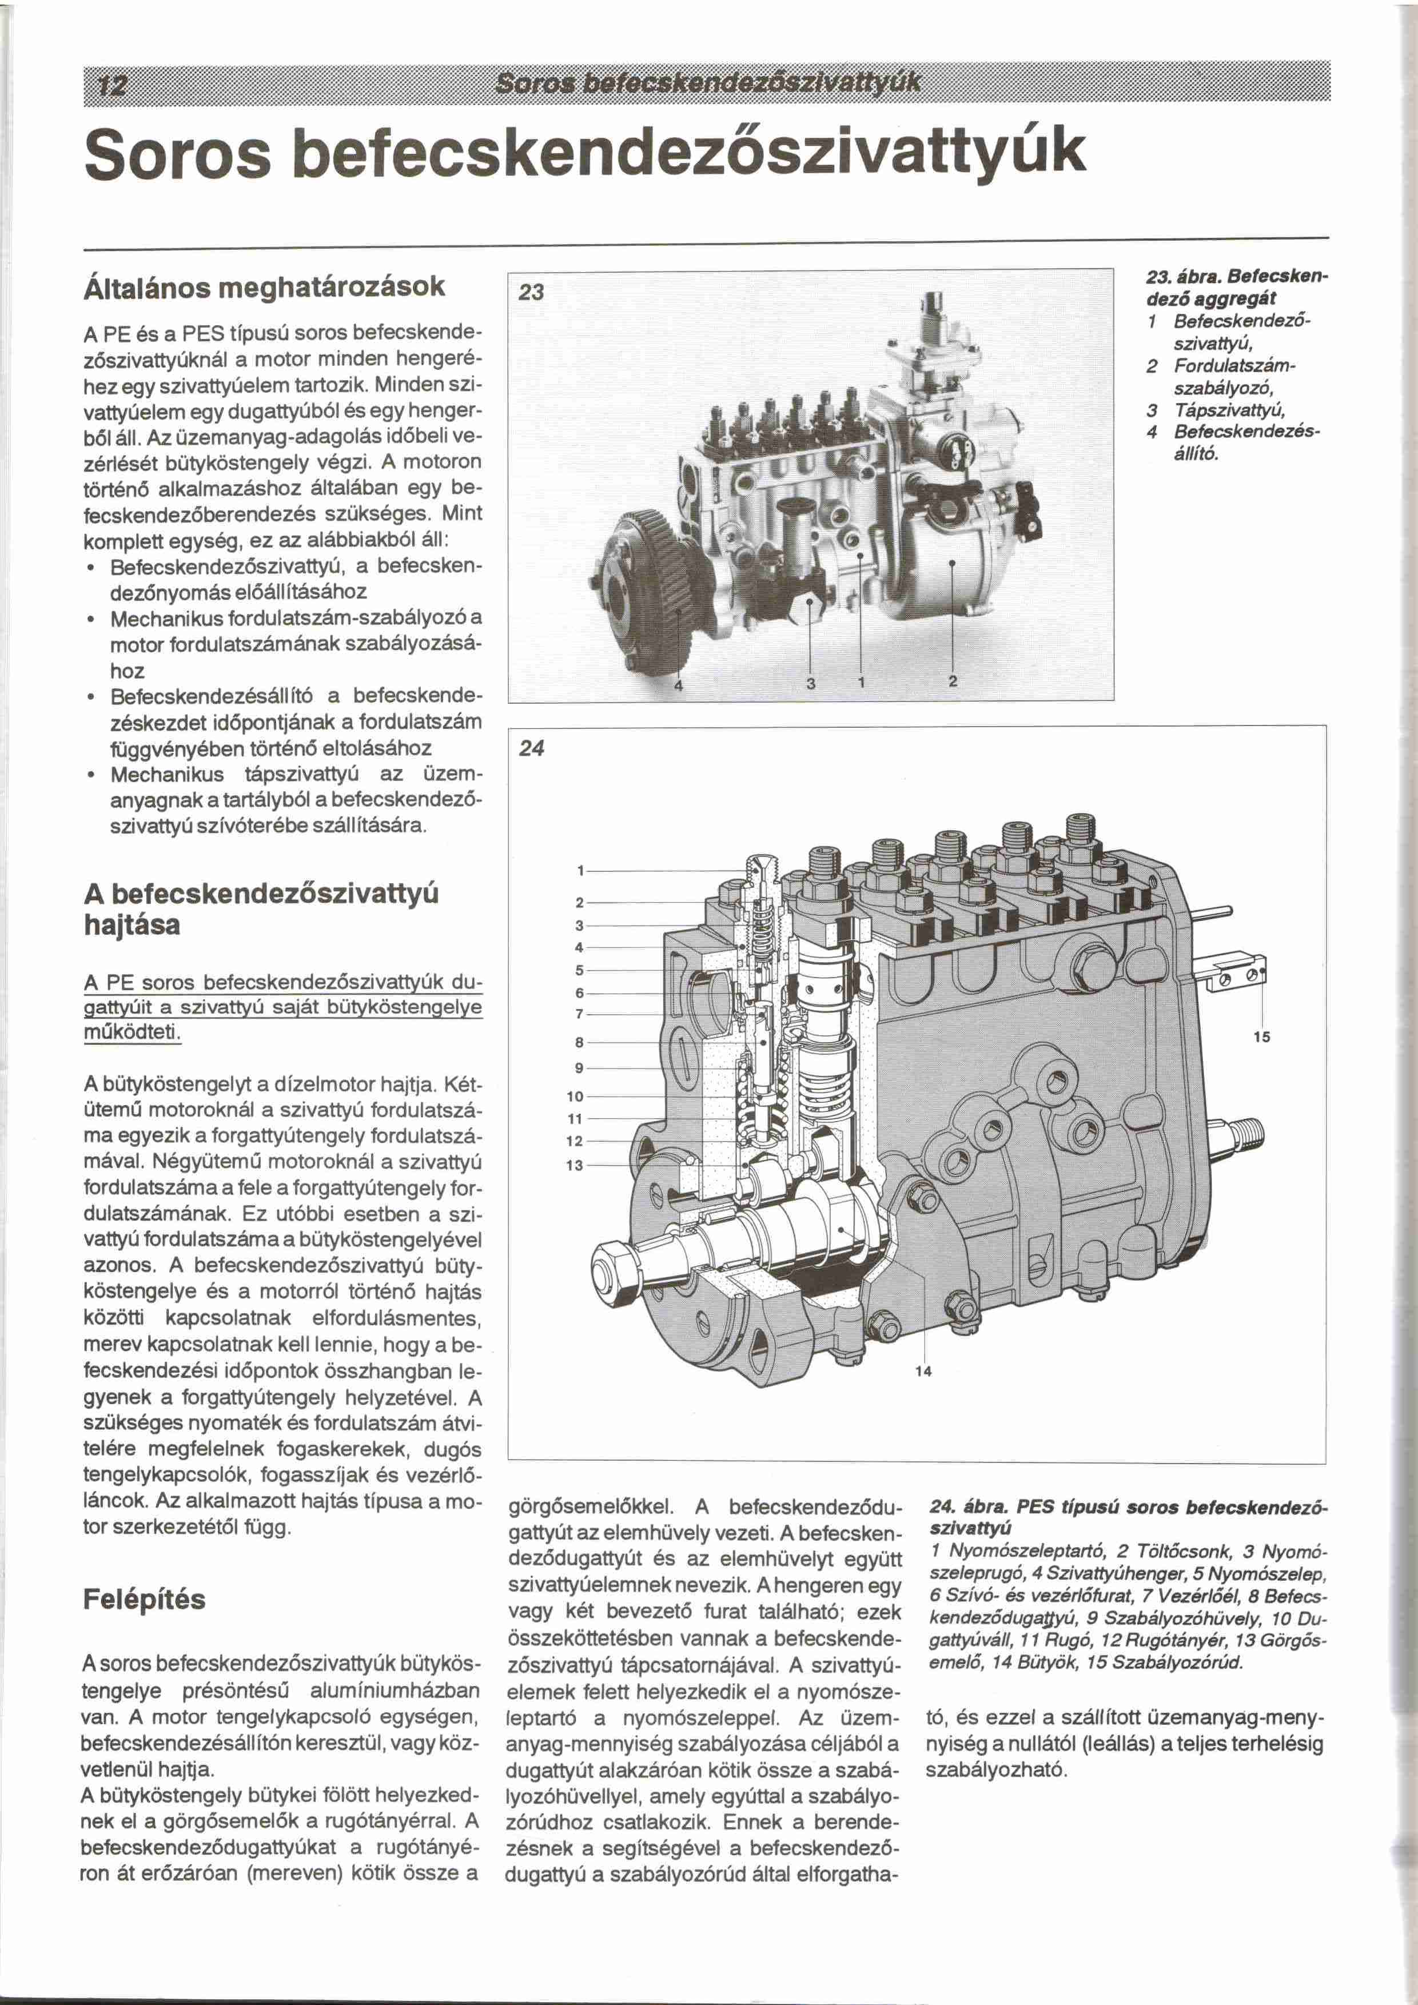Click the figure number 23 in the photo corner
pyautogui.click(x=531, y=293)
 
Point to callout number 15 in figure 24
pyautogui.click(x=1261, y=1038)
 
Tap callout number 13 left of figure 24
pyautogui.click(x=575, y=1165)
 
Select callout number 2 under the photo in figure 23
pyautogui.click(x=953, y=682)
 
